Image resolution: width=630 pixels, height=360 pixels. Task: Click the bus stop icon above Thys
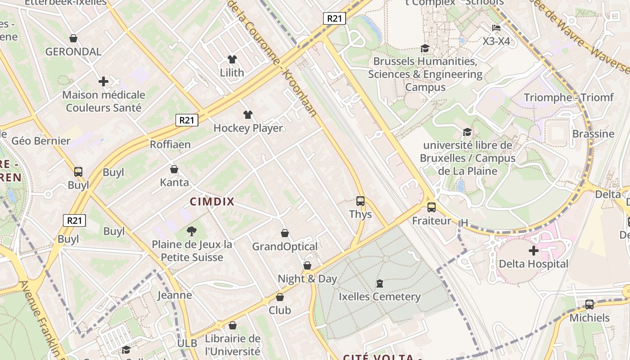[x=360, y=201]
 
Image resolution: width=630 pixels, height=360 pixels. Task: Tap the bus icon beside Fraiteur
[x=431, y=207]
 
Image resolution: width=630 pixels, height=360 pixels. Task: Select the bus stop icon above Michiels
[x=589, y=305]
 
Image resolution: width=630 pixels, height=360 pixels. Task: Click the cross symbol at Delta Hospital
[x=534, y=250]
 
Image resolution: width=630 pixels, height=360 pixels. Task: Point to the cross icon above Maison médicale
[x=103, y=81]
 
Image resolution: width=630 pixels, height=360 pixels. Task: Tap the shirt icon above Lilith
[x=232, y=59]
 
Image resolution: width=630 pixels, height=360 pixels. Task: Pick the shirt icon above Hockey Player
[x=247, y=115]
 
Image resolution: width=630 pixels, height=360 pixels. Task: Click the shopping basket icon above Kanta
[x=174, y=170]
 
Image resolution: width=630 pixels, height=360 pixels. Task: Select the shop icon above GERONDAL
[x=73, y=39]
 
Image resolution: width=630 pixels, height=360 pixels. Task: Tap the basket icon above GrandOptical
[x=284, y=233]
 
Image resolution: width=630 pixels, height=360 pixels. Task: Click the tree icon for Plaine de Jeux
[x=192, y=231]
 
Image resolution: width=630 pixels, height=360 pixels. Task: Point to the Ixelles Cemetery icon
[x=380, y=283]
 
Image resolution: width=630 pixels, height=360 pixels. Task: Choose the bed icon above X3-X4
[x=496, y=28]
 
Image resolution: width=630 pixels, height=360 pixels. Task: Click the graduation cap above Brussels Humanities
[x=425, y=48]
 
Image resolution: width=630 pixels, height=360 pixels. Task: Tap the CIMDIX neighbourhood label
[x=212, y=202]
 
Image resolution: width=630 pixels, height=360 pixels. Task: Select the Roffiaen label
[x=170, y=144]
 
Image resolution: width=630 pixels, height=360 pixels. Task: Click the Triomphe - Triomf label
[x=568, y=97]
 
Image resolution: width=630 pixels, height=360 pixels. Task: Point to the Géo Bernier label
[x=41, y=141]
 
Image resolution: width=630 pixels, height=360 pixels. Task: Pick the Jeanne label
[x=175, y=295]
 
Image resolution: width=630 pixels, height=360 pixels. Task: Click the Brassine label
[x=593, y=134]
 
